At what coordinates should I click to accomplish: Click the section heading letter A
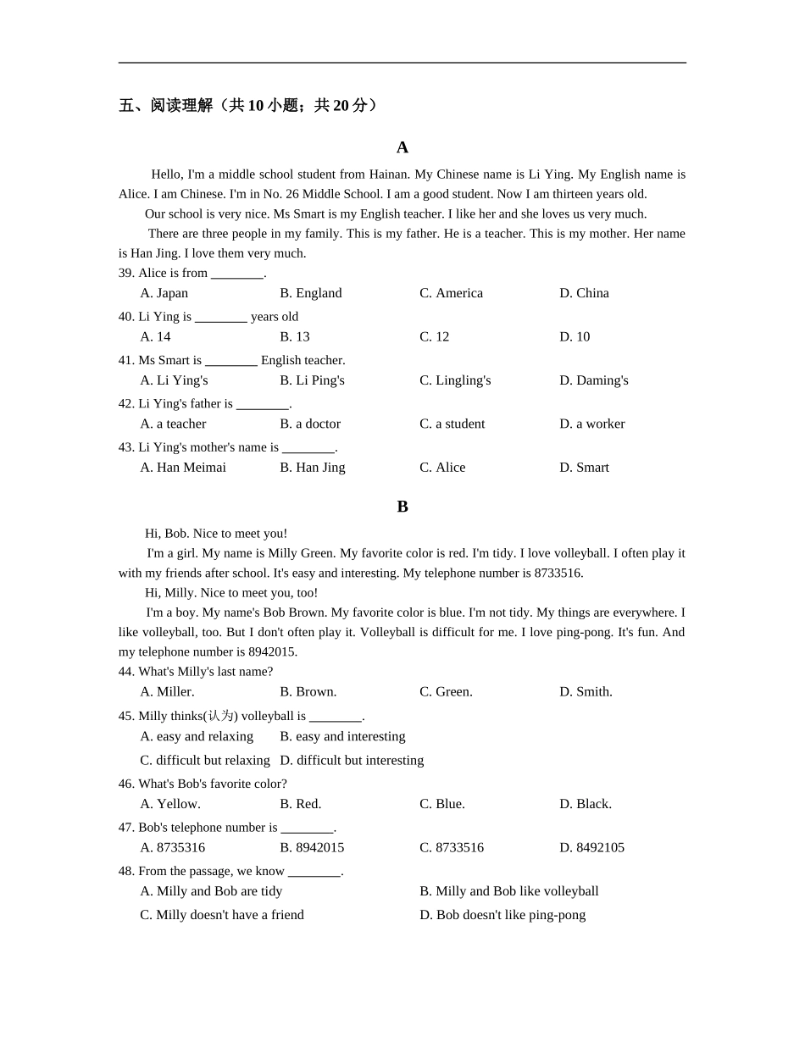(x=402, y=147)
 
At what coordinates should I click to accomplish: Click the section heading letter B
(x=402, y=507)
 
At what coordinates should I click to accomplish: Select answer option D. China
(x=584, y=293)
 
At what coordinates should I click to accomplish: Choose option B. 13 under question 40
(x=294, y=337)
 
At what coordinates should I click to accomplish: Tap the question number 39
(x=126, y=273)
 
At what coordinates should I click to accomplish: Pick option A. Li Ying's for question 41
(x=174, y=380)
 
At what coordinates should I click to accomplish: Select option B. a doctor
(x=310, y=424)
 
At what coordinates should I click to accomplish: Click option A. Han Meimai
(x=183, y=468)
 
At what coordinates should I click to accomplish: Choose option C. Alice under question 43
(x=442, y=468)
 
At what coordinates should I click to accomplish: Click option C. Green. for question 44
(x=446, y=692)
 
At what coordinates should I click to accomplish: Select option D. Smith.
(x=586, y=692)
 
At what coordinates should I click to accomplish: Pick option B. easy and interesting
(x=342, y=737)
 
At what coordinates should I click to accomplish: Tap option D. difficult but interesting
(x=352, y=761)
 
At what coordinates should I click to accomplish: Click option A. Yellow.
(x=170, y=804)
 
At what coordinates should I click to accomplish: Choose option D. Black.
(x=586, y=804)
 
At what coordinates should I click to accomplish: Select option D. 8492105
(x=591, y=848)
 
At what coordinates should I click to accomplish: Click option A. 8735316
(x=172, y=848)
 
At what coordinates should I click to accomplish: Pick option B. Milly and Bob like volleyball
(x=508, y=891)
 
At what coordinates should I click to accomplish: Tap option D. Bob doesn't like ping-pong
(x=502, y=915)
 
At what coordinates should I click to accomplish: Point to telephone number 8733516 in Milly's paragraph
(x=558, y=574)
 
